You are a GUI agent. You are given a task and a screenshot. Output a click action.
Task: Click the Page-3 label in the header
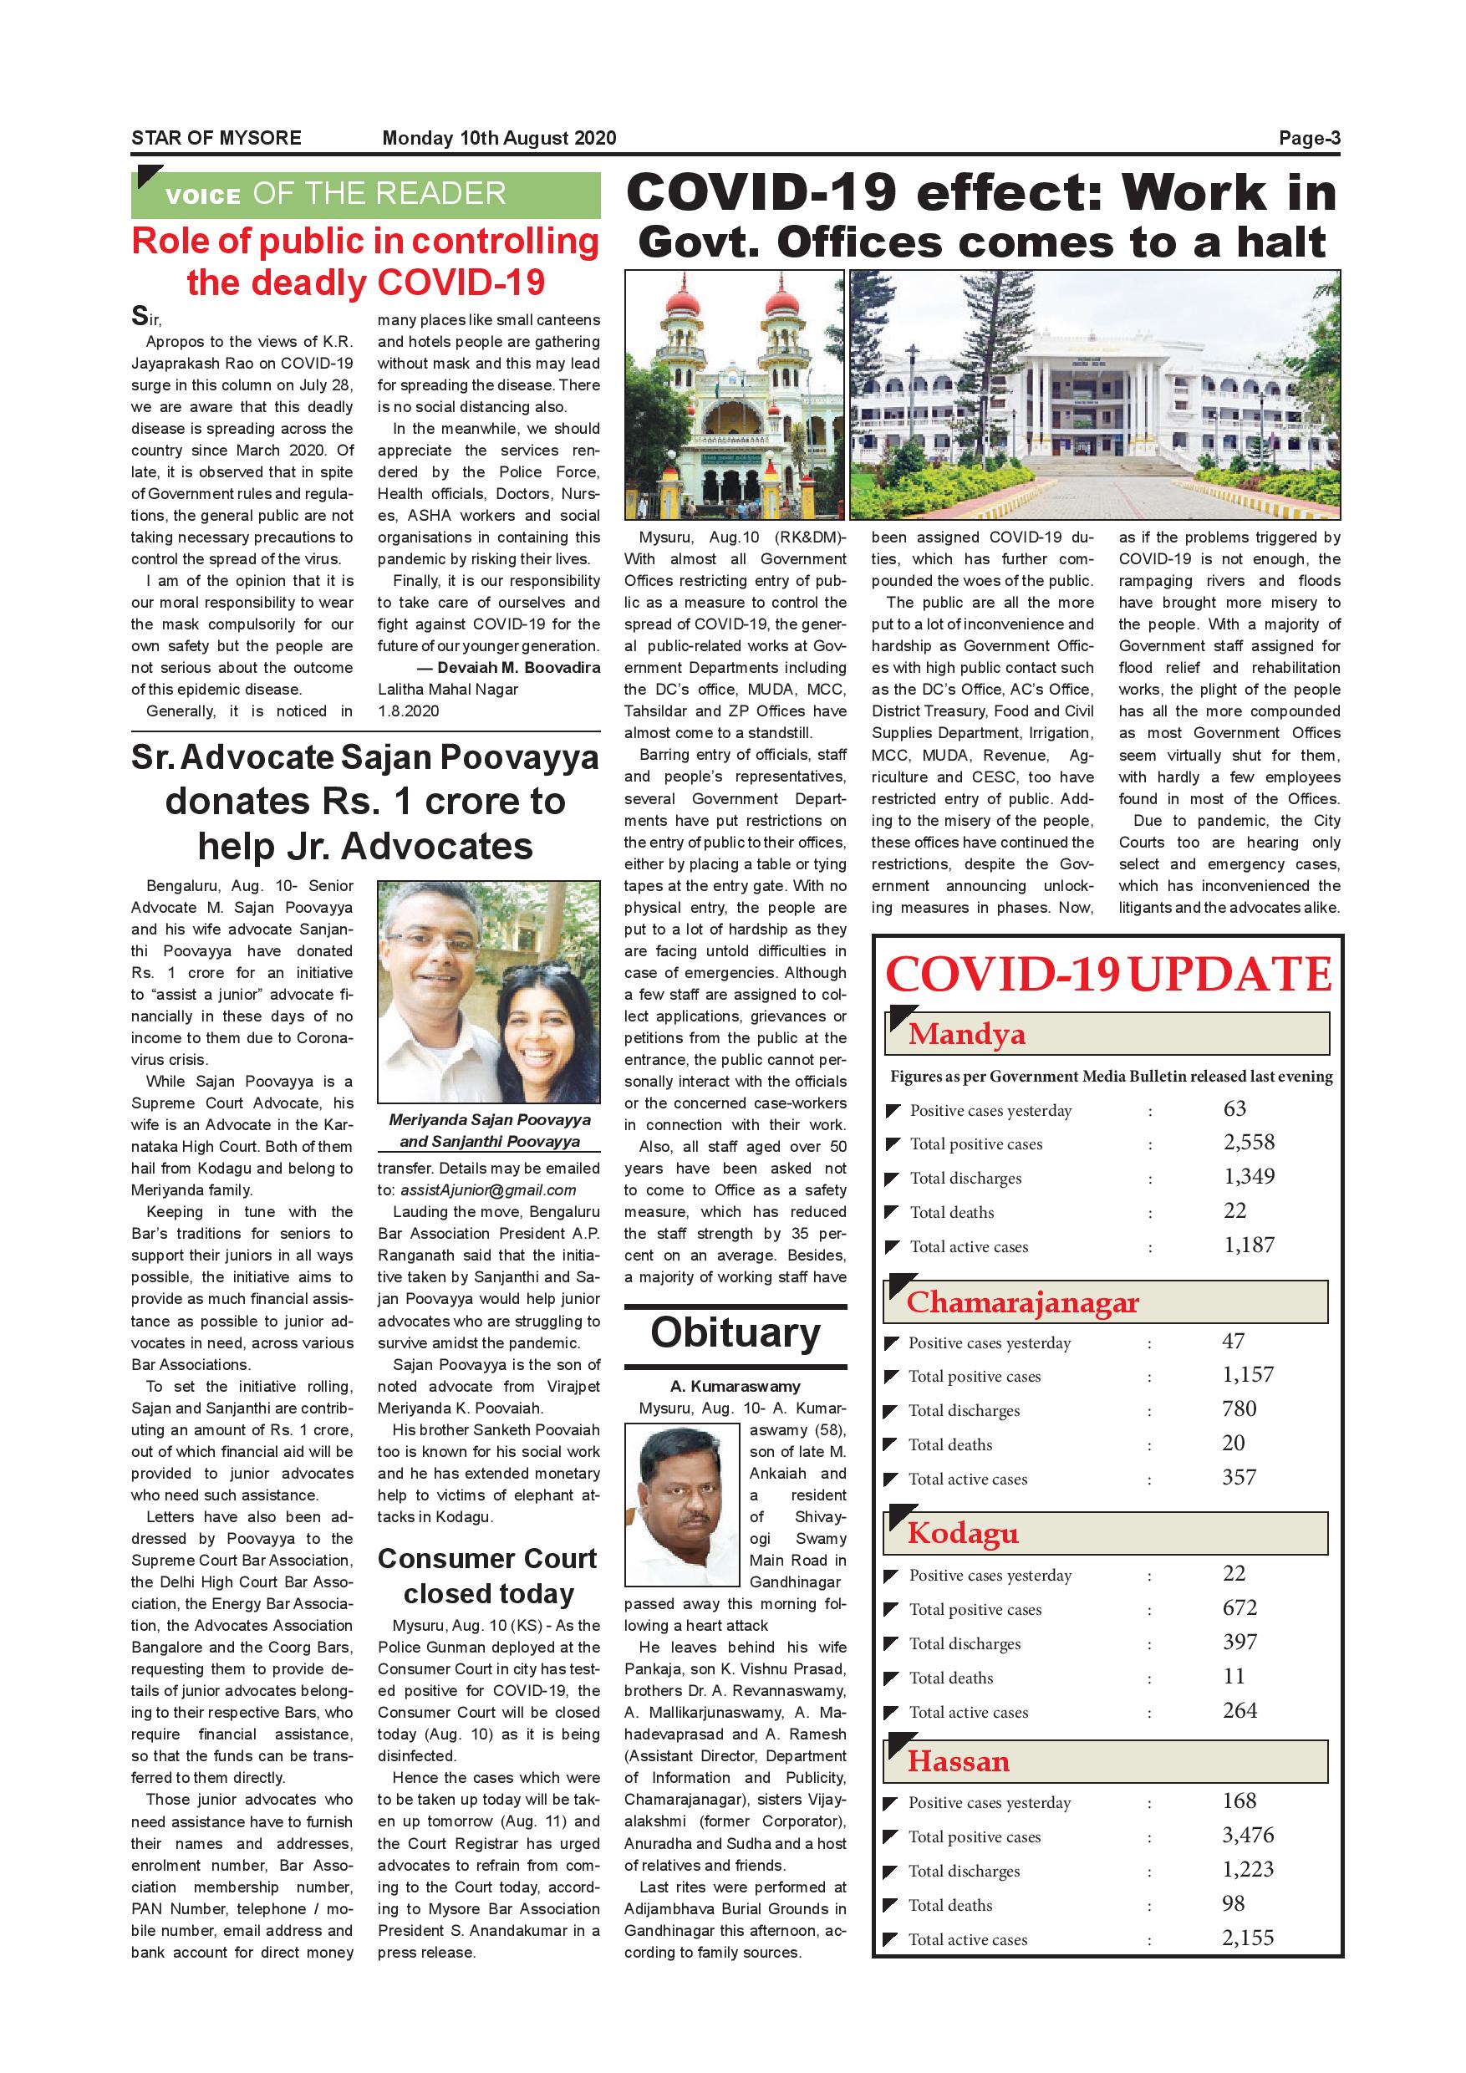tap(1309, 138)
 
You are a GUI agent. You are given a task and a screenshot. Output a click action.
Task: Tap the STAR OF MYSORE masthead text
tap(216, 138)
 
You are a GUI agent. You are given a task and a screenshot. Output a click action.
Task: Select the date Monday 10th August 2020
tap(498, 138)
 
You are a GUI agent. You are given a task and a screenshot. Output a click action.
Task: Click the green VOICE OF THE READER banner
tap(365, 194)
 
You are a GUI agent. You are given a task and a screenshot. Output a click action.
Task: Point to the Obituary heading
tap(736, 1332)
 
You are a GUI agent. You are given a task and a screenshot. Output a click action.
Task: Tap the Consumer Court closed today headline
tap(487, 1576)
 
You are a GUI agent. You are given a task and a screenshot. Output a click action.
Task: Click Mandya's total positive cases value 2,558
tap(1249, 1142)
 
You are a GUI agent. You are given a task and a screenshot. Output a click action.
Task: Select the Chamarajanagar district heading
tap(1023, 1302)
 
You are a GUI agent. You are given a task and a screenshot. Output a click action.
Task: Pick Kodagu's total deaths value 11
tap(1233, 1677)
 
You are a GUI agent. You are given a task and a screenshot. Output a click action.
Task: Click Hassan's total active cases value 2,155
tap(1248, 1938)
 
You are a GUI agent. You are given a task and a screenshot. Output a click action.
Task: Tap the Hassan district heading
tap(959, 1760)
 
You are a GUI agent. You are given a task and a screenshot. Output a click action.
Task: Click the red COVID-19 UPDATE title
tap(1107, 974)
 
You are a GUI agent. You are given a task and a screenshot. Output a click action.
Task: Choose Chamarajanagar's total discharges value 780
tap(1239, 1408)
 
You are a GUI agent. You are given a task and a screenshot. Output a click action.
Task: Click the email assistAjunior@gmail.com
tap(487, 1190)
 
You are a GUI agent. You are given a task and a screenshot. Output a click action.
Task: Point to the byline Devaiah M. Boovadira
tap(518, 668)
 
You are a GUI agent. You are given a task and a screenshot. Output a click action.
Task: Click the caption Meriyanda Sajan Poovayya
tap(489, 1119)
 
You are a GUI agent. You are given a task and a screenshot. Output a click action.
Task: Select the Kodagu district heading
tap(962, 1533)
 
